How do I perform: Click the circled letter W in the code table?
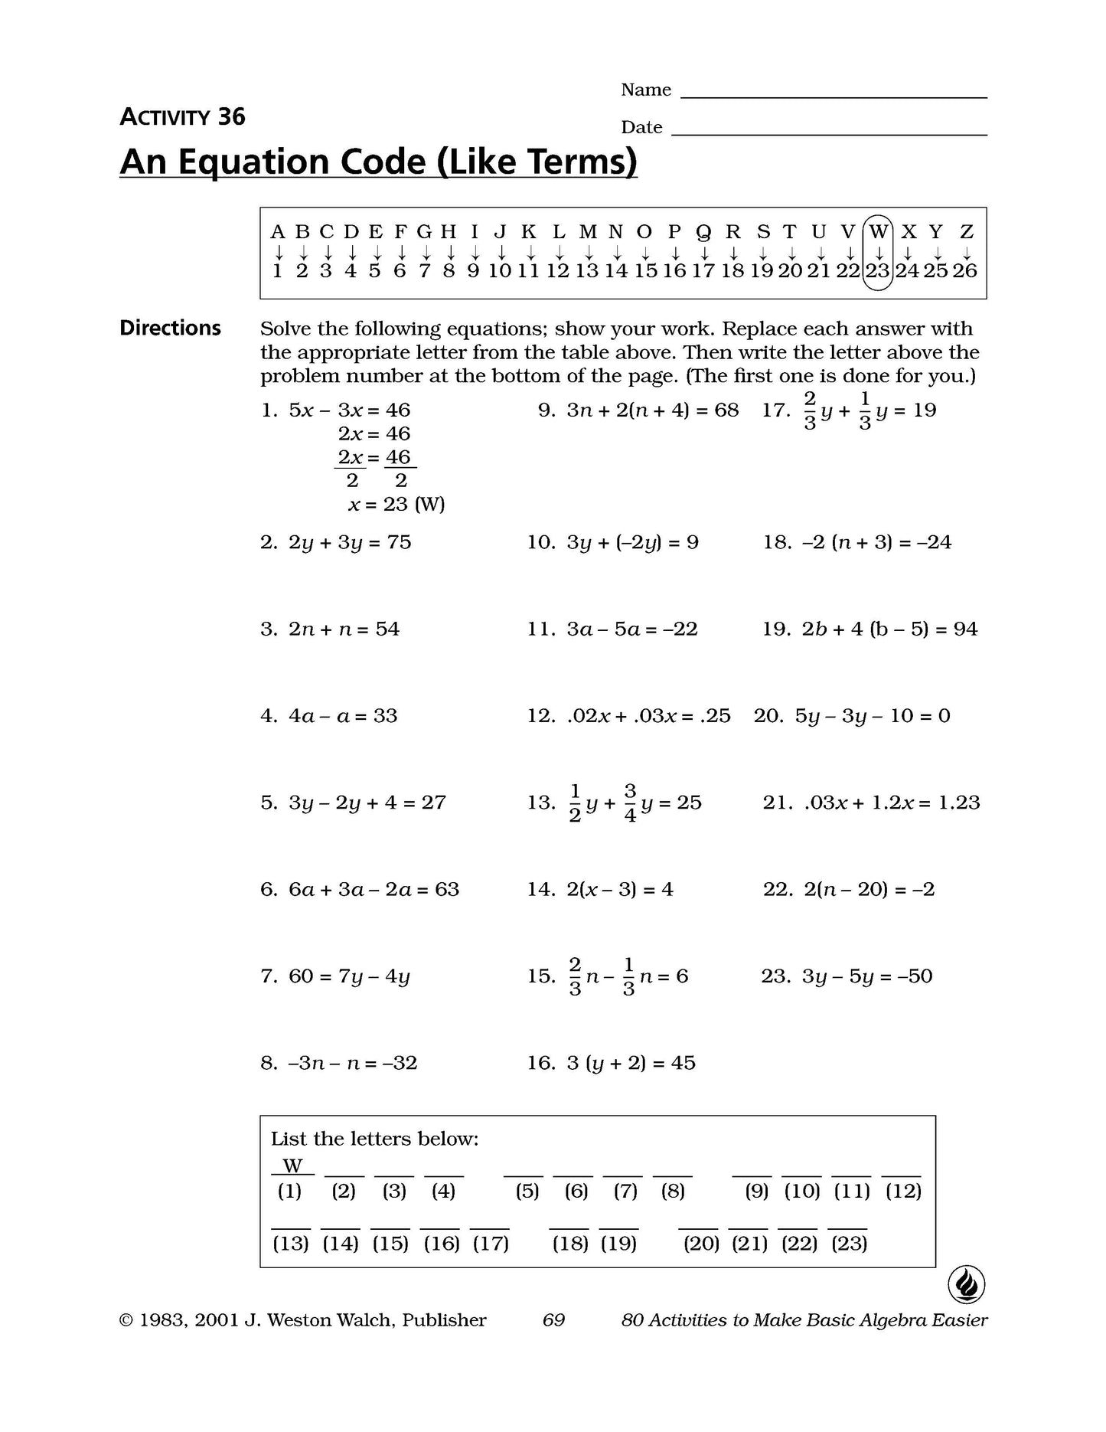(x=879, y=231)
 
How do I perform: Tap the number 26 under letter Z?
(x=965, y=271)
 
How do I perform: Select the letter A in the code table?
(x=278, y=231)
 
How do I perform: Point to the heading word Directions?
(x=170, y=329)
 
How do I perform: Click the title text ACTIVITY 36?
(x=182, y=117)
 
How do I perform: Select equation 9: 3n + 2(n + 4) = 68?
(x=652, y=410)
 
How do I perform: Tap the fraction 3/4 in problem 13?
(x=630, y=803)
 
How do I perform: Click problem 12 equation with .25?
(x=648, y=716)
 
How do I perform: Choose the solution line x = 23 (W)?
(x=396, y=505)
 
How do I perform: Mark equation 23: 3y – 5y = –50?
(x=866, y=976)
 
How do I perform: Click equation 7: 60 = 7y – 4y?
(x=349, y=976)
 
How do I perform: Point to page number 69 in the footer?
(x=553, y=1320)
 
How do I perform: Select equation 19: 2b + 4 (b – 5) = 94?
(x=889, y=629)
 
